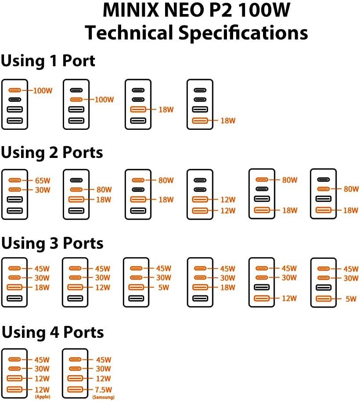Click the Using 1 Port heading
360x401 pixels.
48,61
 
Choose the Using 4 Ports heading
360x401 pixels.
53,332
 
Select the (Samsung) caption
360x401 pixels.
104,397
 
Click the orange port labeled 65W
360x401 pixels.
15,180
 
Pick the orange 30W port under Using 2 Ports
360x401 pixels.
15,190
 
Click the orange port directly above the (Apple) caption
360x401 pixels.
15,389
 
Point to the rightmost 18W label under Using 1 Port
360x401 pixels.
227,120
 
